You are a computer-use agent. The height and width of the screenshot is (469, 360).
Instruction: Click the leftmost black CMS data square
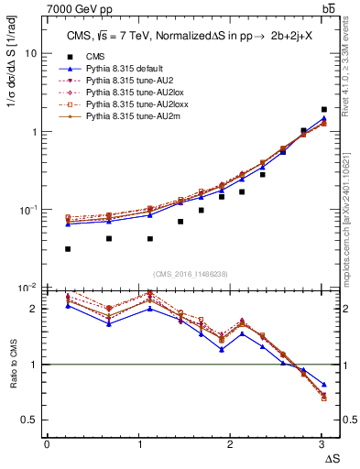point(68,248)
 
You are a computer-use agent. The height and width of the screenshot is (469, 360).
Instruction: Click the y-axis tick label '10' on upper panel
point(30,53)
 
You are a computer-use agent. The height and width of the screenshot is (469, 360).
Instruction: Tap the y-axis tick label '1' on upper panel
point(34,132)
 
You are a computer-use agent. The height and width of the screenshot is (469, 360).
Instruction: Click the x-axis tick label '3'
point(320,443)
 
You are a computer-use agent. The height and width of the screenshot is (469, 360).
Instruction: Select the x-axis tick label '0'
point(47,443)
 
